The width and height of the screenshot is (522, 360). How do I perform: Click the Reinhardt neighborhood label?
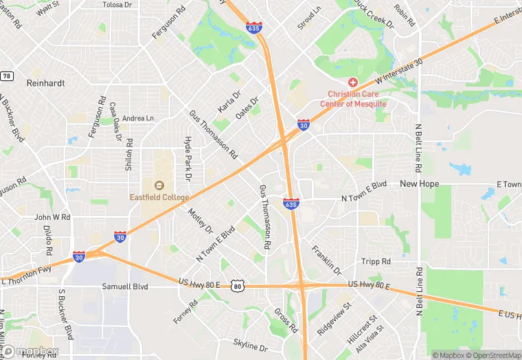click(45, 83)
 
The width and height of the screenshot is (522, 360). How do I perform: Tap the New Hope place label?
click(420, 183)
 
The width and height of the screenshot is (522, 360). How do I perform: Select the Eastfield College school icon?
click(159, 185)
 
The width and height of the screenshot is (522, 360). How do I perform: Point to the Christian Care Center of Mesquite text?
click(356, 99)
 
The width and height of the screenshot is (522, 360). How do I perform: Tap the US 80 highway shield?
click(238, 285)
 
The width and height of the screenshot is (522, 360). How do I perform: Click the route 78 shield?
click(6, 76)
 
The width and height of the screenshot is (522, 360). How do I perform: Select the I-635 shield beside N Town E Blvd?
click(291, 203)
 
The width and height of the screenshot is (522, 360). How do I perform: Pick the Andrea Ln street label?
click(138, 118)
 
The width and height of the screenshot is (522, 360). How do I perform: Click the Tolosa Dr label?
click(116, 5)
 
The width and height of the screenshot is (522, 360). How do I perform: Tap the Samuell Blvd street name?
click(125, 286)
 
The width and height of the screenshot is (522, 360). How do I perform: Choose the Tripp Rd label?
click(376, 261)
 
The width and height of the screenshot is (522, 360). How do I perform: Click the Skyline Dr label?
click(249, 346)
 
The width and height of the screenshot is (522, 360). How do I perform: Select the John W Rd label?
click(52, 217)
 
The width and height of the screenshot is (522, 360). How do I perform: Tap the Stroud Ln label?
click(309, 19)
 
